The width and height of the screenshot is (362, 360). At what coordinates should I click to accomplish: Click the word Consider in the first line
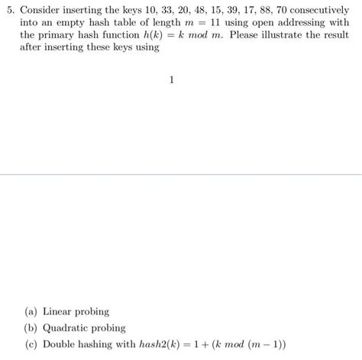pos(42,11)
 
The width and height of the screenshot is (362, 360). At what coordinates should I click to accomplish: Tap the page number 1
pos(173,79)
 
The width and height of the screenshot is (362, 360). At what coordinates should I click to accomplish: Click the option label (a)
pos(31,312)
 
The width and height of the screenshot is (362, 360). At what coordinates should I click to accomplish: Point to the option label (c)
pos(31,344)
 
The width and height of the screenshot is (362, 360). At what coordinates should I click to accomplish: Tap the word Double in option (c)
pos(60,344)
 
